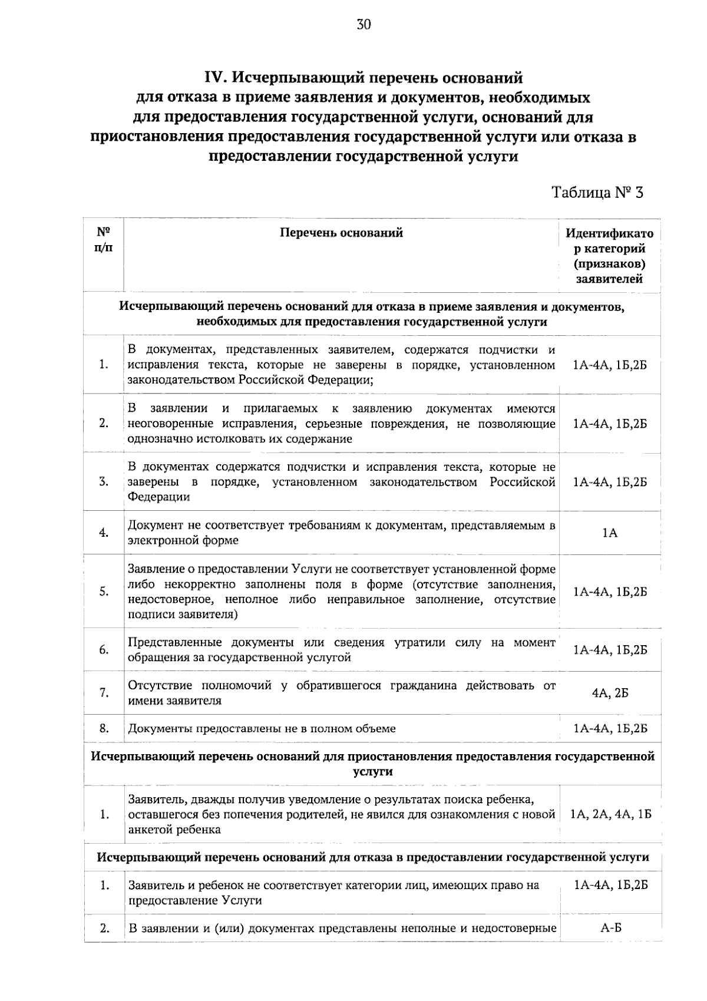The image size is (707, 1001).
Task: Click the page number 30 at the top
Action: coord(364,24)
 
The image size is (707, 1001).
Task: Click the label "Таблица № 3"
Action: coord(597,192)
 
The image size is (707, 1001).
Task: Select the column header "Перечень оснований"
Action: coord(341,233)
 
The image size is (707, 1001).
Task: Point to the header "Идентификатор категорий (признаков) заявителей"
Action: coord(609,256)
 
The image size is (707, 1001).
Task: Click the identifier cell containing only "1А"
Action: coord(610,533)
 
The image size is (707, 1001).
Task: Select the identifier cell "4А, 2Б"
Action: coord(610,693)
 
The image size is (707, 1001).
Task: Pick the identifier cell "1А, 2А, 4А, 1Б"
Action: coord(610,815)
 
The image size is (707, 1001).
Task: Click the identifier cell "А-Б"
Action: coord(610,929)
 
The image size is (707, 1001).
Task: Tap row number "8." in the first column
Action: coord(104,728)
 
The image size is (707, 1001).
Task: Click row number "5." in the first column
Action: coord(104,592)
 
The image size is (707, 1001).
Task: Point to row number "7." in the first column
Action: coord(104,693)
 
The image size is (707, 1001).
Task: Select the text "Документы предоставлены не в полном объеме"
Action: coord(262,729)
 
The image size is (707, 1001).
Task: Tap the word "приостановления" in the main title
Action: coord(158,137)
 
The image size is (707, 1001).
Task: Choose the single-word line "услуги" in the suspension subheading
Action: coord(372,771)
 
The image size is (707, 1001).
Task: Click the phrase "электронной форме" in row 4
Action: coord(183,540)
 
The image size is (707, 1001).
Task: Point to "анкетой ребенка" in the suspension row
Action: coord(174,830)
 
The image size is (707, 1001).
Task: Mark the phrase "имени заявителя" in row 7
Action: coord(175,701)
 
